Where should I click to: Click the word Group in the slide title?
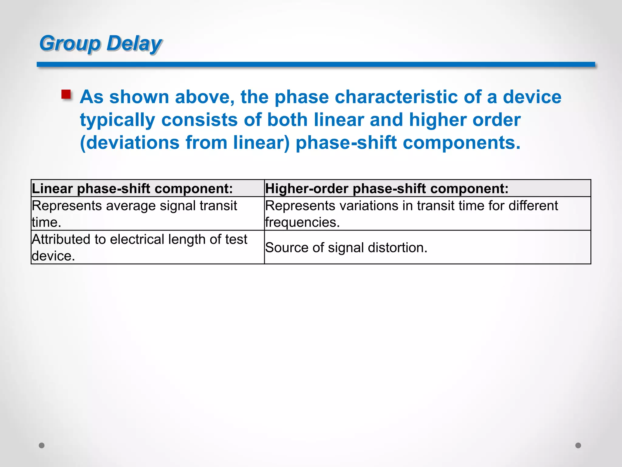tap(70, 43)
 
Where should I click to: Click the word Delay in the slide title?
tap(134, 43)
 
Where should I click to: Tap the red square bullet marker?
tap(66, 94)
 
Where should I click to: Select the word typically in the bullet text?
tap(118, 120)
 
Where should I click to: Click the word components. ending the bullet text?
tap(461, 143)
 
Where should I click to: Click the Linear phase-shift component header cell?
tap(148, 189)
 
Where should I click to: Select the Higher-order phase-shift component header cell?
tap(427, 189)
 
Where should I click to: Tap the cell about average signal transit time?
tap(148, 214)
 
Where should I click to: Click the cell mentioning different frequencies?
tap(427, 214)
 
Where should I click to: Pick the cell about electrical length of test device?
tap(148, 247)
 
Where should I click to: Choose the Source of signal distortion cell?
tap(427, 247)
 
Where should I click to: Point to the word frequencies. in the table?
tap(302, 223)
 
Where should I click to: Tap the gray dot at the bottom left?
tap(42, 445)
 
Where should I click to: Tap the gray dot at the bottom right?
tap(578, 445)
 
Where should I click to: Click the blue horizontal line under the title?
tap(316, 64)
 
